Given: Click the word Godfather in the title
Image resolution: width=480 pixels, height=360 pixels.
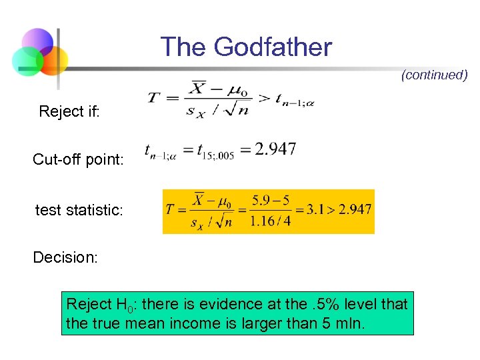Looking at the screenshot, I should coord(273,47).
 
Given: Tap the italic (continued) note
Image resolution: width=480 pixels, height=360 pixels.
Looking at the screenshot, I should coord(434,75).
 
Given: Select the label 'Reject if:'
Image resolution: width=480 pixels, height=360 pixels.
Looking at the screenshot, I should coord(69,111).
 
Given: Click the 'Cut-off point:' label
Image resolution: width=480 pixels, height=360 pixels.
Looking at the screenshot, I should coord(78,160).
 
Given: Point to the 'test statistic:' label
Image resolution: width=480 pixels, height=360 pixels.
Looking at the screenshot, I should coord(79,211).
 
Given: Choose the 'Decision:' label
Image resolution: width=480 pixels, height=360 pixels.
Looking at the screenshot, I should coord(65,257).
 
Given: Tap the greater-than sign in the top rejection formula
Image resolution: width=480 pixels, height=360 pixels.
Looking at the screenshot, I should coord(264,99).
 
